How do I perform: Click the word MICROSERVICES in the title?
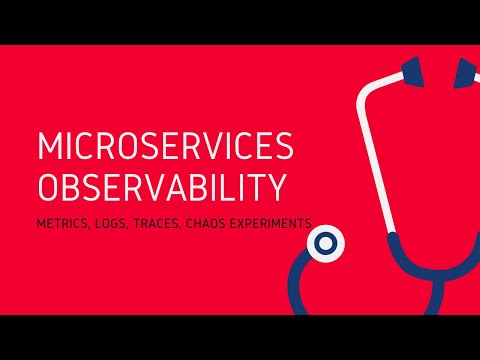[166, 148]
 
